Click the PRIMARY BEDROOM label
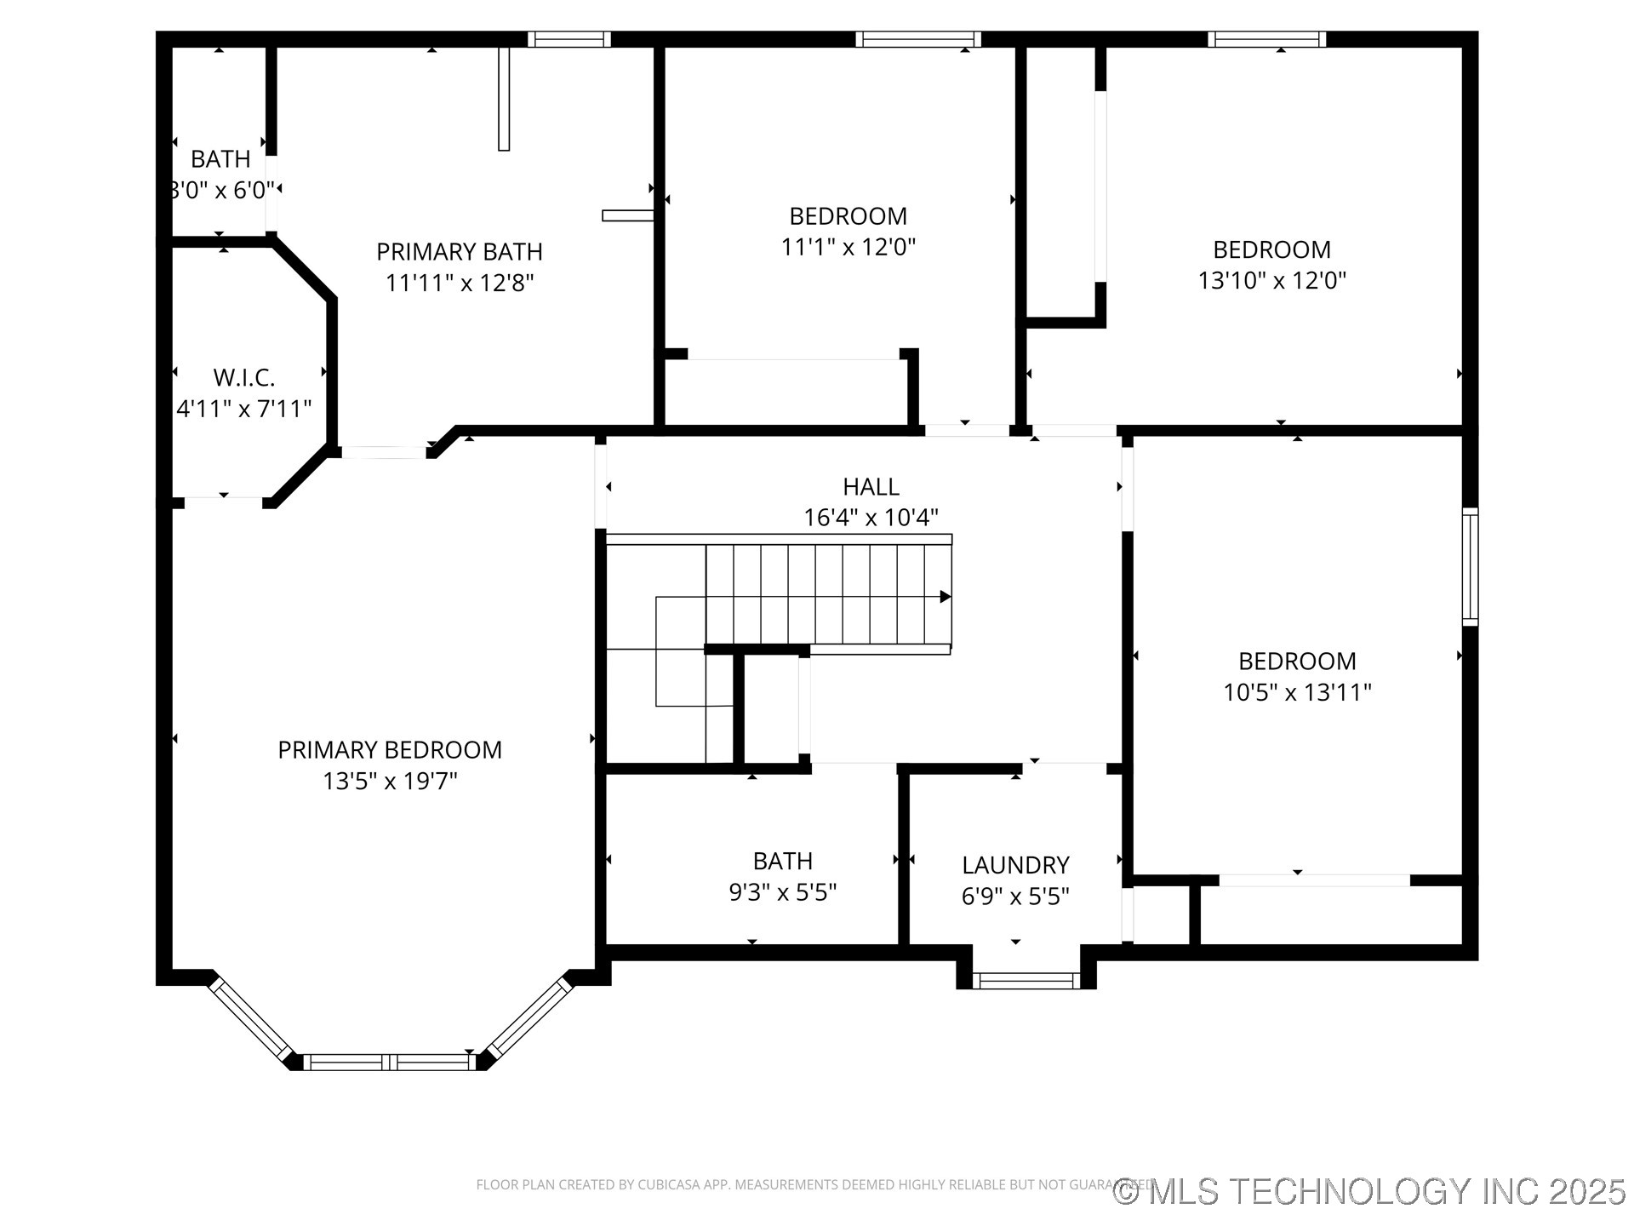click(390, 750)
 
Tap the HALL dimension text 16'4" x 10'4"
click(871, 518)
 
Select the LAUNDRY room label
click(1015, 865)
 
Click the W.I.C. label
click(244, 377)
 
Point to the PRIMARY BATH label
click(460, 252)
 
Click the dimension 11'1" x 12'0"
click(848, 247)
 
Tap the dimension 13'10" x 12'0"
click(1272, 280)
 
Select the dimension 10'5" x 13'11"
click(1297, 692)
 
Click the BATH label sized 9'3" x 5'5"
click(783, 861)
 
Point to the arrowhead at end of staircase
click(945, 597)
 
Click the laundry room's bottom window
click(1026, 981)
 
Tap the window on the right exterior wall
click(1470, 566)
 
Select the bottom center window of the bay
click(390, 1062)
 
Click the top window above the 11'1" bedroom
click(917, 39)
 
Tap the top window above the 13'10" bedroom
click(1266, 39)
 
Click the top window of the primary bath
click(568, 39)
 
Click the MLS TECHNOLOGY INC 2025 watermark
click(1370, 1191)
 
